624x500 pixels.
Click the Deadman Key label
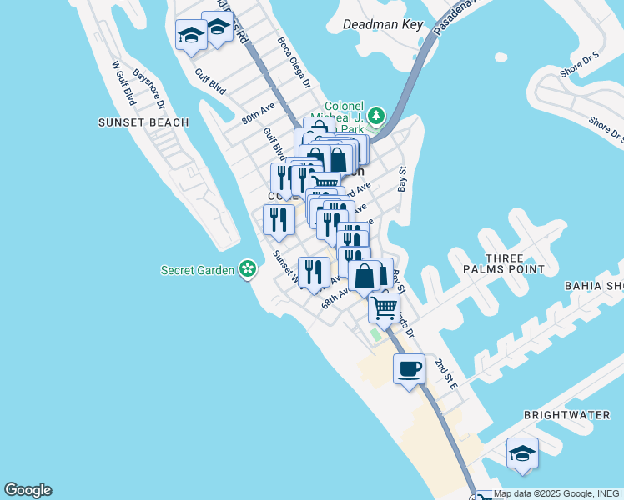384,24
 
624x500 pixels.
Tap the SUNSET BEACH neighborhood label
143,122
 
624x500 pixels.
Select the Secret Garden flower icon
247,268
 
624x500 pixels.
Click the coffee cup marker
409,368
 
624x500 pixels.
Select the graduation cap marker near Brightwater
522,453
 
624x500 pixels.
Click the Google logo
28,490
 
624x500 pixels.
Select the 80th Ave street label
259,113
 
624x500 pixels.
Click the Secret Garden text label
198,269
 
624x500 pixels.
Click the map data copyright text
557,493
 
